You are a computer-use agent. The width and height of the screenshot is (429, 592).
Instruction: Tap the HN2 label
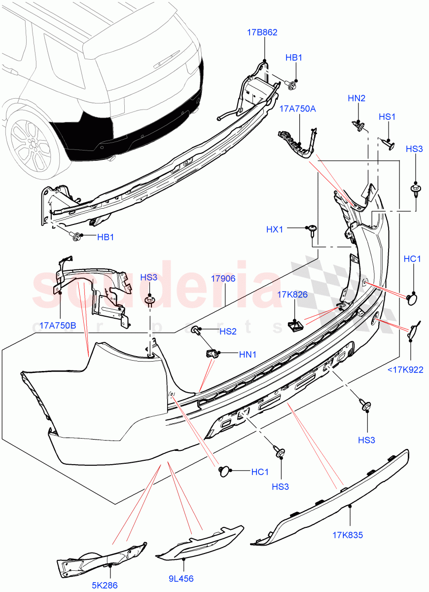(356, 98)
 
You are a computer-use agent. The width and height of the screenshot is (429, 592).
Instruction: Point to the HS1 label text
(387, 117)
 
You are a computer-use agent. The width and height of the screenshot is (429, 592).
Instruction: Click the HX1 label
(276, 229)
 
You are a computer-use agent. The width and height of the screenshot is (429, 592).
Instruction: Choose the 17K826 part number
(292, 295)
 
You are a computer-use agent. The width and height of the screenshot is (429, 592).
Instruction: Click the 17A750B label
(58, 326)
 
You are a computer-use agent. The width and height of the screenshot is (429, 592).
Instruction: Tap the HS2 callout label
(228, 332)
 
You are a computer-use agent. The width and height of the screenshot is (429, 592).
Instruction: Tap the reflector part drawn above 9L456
(199, 543)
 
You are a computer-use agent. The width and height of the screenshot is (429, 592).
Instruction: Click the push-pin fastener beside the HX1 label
(313, 230)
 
